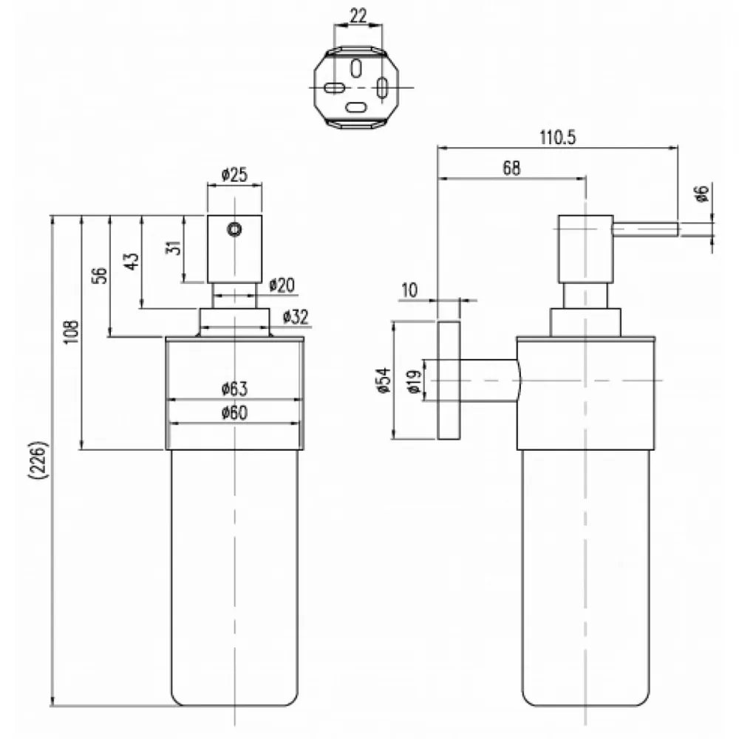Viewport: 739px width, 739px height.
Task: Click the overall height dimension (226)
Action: (38, 460)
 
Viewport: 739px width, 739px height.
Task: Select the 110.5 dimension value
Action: (557, 137)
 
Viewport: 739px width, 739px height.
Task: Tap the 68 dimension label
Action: (512, 168)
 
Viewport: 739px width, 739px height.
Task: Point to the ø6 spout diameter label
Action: (702, 193)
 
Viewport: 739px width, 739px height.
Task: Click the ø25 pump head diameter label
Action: (234, 175)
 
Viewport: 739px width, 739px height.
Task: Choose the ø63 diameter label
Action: (234, 389)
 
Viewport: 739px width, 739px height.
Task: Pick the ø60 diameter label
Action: (234, 413)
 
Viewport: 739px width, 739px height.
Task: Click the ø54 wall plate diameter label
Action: (384, 381)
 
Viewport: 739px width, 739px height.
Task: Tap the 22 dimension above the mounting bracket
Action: (358, 16)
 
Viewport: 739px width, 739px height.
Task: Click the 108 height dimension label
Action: (72, 332)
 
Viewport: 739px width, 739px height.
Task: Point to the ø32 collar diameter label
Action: (296, 317)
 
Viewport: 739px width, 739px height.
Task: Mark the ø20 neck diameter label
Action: (282, 285)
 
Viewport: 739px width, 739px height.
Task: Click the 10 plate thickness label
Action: (409, 290)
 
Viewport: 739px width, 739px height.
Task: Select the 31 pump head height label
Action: (174, 248)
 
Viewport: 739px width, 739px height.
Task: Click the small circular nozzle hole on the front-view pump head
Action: (234, 230)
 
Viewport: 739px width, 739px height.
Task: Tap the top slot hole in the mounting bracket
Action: (356, 68)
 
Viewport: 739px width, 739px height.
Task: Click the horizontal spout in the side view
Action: (645, 230)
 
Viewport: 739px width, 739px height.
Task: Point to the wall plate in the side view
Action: (449, 381)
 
